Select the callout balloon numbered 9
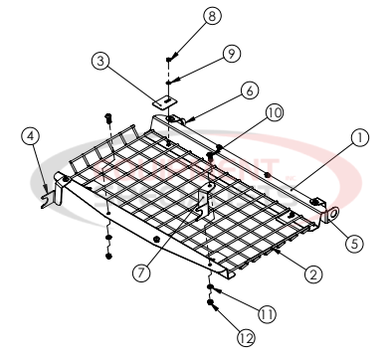click(x=202, y=52)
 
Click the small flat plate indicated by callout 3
click(x=165, y=99)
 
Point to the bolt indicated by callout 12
click(x=213, y=309)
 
